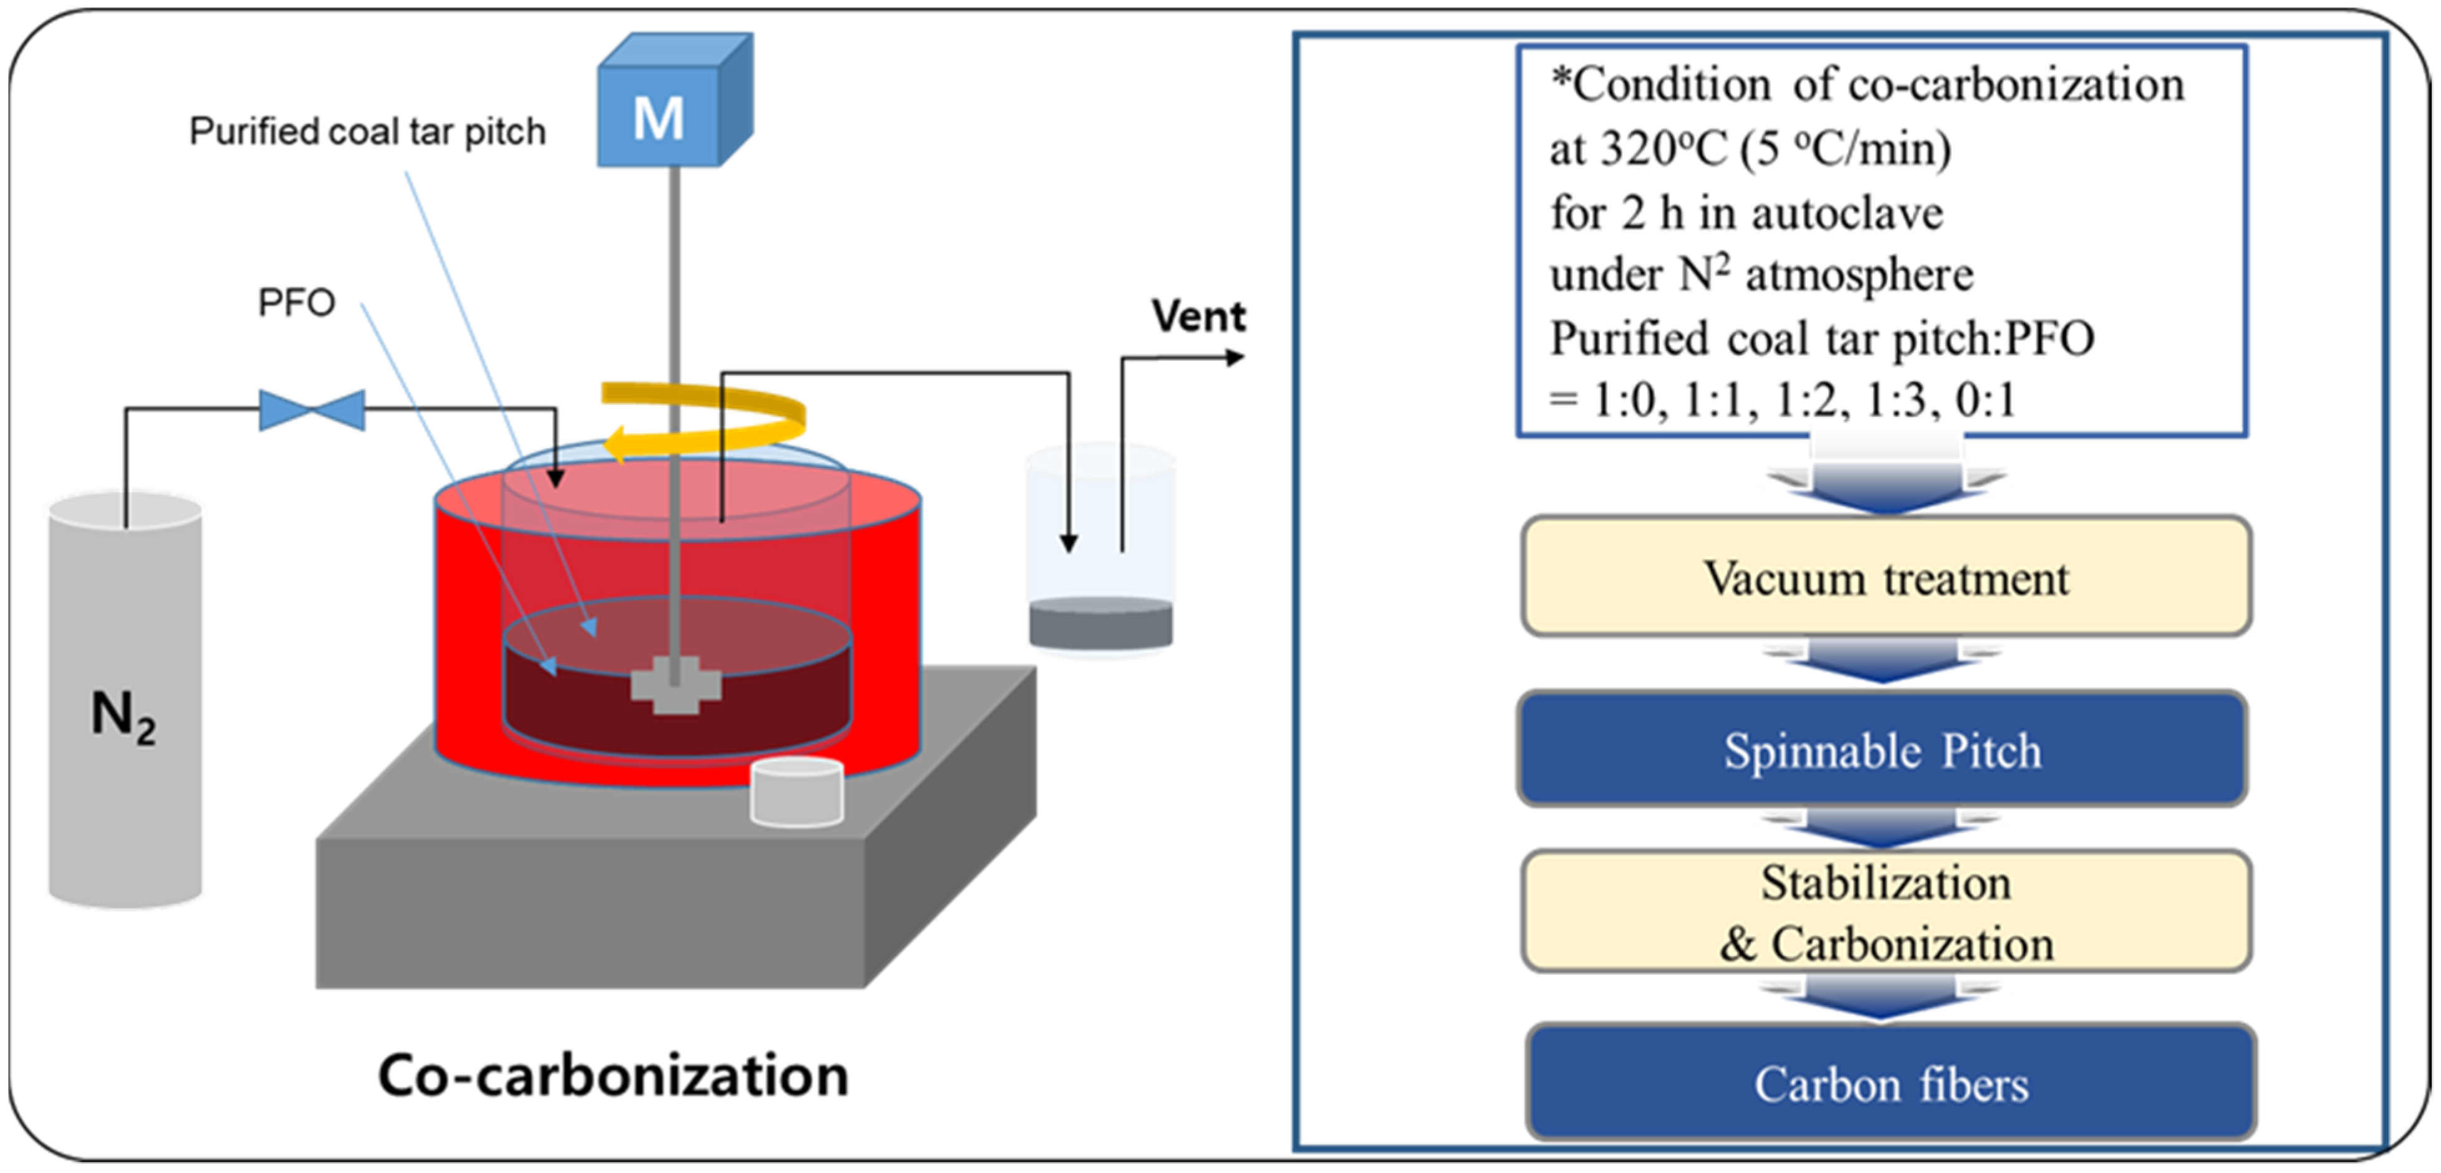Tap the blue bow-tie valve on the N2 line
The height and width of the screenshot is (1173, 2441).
pos(312,409)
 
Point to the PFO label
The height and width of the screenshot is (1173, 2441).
pos(297,302)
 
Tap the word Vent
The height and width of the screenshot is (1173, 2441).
pos(1198,315)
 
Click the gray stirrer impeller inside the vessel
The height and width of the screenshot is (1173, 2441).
pos(675,684)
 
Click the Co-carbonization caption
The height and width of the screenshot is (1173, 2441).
pos(613,1075)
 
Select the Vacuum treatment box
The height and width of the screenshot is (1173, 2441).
pos(1885,577)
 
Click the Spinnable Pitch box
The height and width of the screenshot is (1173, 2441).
pos(1882,749)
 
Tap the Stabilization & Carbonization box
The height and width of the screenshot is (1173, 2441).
pos(1885,911)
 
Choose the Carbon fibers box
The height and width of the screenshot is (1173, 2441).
pos(1890,1083)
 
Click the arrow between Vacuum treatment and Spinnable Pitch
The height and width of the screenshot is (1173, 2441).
pos(1882,661)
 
